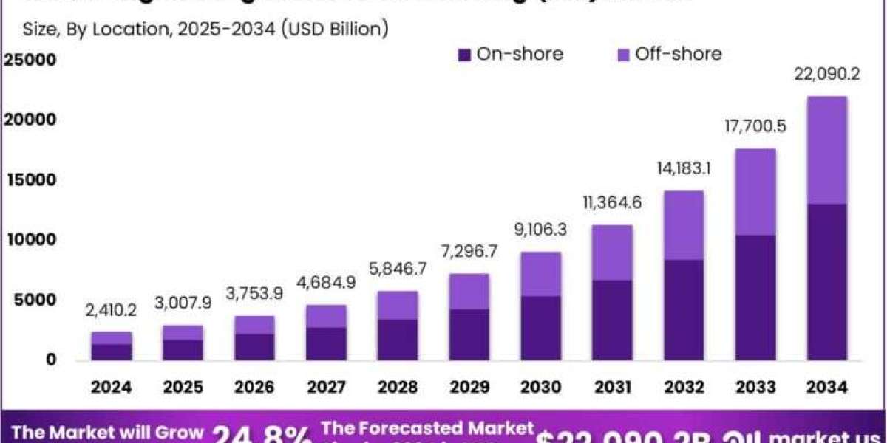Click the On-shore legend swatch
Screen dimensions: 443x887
464,55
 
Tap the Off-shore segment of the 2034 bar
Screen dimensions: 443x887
826,150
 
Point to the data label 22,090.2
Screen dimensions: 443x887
826,75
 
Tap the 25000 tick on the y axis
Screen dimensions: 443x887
30,60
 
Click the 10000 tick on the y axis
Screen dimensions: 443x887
30,240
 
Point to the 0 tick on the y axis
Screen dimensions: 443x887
51,360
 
